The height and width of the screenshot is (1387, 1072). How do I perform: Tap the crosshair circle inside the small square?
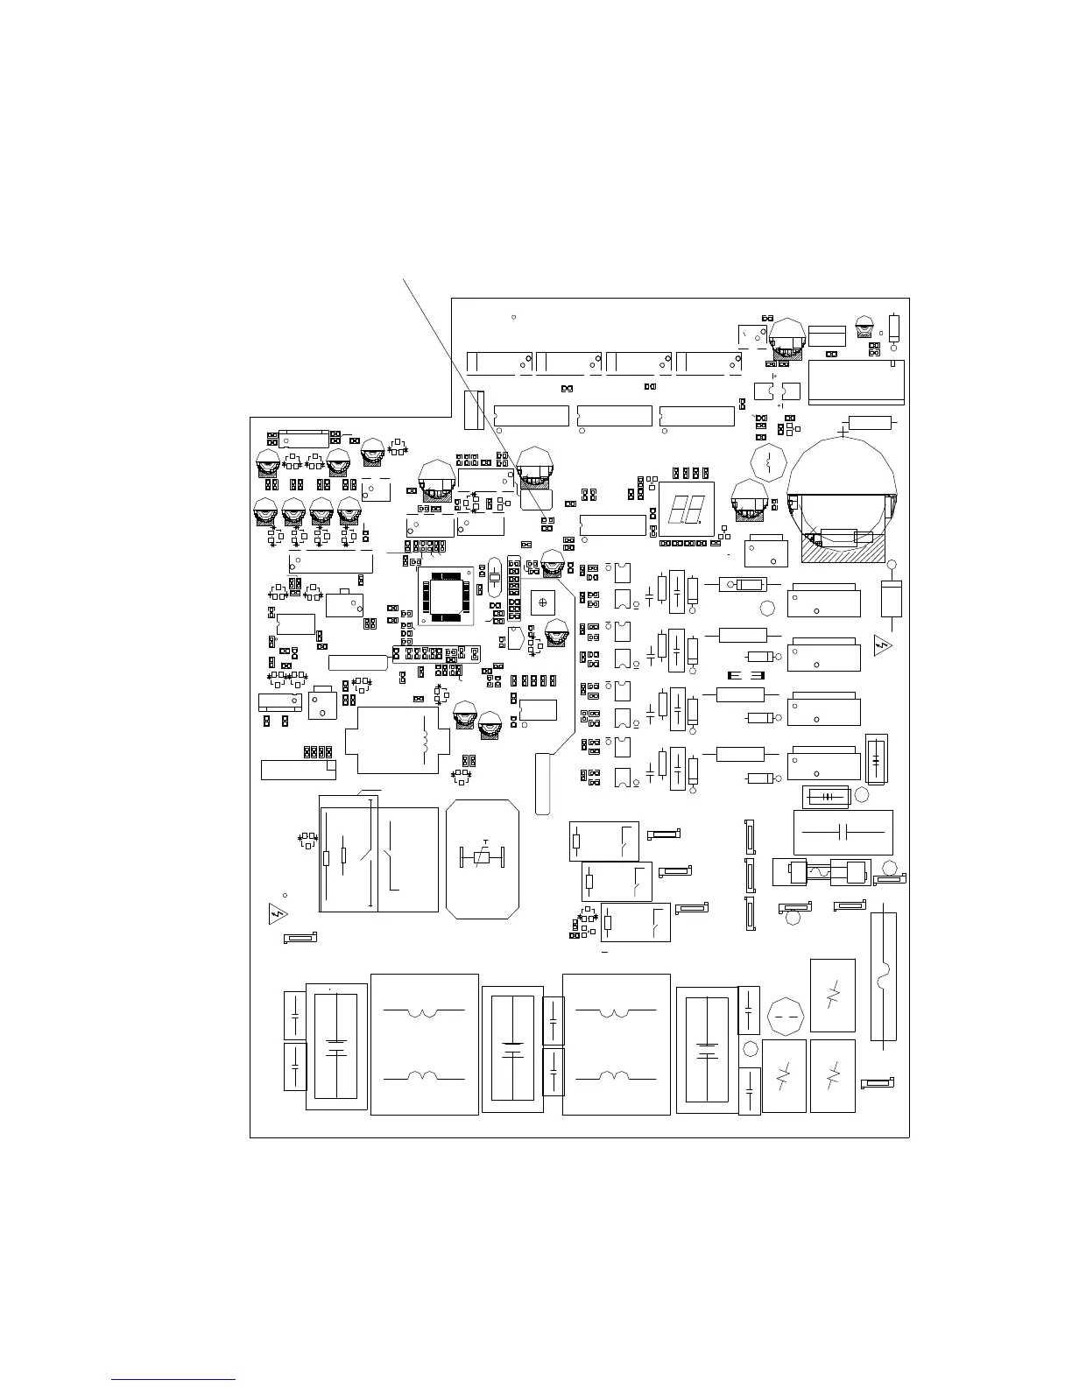pyautogui.click(x=542, y=602)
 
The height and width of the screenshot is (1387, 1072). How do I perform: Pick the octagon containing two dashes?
pyautogui.click(x=786, y=1017)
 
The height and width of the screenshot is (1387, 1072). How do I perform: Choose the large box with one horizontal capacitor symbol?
pyautogui.click(x=843, y=832)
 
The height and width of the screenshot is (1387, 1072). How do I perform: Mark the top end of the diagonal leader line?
pyautogui.click(x=403, y=279)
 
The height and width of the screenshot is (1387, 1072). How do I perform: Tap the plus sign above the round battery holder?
pyautogui.click(x=843, y=431)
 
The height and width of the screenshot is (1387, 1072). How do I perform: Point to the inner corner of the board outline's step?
pyautogui.click(x=451, y=418)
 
